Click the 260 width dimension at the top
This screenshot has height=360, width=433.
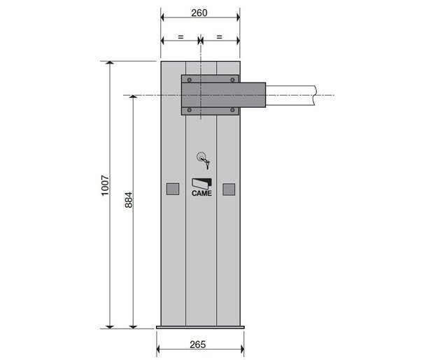coord(199,13)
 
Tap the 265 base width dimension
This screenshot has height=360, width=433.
coord(198,345)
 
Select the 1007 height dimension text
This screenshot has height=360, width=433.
coord(105,185)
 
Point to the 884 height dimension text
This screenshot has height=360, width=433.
coord(129,200)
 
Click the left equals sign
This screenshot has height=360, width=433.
coord(180,36)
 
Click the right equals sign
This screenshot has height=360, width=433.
coord(219,36)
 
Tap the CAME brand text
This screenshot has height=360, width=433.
coord(202,194)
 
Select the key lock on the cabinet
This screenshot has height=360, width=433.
coord(204,160)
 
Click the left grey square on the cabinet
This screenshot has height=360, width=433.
coord(173,189)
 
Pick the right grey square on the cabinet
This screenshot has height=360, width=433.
coord(229,189)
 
